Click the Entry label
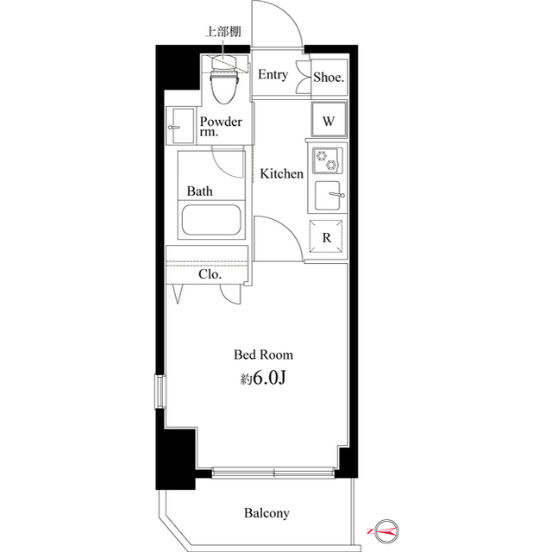[273, 75]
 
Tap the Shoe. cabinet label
[329, 77]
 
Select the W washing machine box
[329, 121]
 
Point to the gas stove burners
[328, 161]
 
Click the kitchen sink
[328, 195]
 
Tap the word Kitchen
[282, 174]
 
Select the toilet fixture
[225, 82]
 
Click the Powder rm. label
[221, 127]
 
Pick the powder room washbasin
[180, 127]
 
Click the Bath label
[200, 191]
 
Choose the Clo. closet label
[210, 275]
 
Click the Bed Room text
[264, 354]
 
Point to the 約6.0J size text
[264, 379]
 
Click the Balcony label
[266, 513]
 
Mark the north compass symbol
[382, 530]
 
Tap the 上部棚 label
[222, 33]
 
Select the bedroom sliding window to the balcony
[274, 472]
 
